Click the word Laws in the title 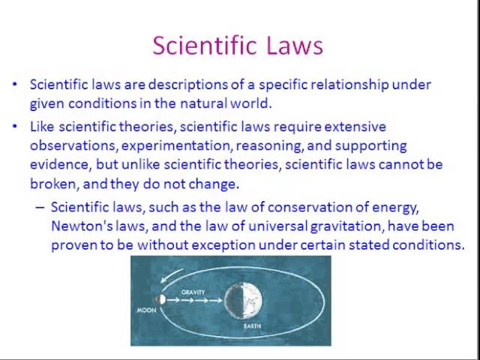293,46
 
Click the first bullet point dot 16,85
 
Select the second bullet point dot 16,127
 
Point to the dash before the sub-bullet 40,207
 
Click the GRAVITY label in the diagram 193,291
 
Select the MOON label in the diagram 145,310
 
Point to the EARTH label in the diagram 251,326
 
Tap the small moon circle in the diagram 160,299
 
